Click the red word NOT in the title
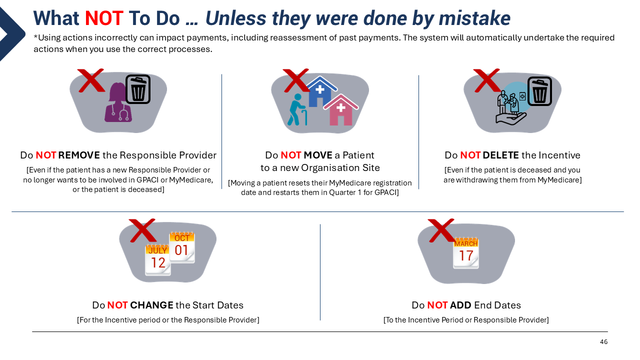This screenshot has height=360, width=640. click(x=104, y=18)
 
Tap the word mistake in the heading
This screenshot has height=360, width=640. click(x=474, y=18)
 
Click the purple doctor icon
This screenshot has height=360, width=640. click(x=118, y=102)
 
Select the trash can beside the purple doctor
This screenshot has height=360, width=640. click(x=138, y=89)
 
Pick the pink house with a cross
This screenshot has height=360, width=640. click(x=340, y=110)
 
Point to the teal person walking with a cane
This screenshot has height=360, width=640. click(x=297, y=109)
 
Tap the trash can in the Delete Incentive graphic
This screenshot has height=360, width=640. click(x=539, y=91)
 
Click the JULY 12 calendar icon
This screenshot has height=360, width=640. click(x=157, y=259)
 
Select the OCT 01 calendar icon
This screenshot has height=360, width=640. click(x=182, y=247)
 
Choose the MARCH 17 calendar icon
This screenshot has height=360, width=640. click(x=465, y=253)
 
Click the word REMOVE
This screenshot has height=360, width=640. click(x=79, y=155)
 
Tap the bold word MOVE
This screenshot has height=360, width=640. click(x=318, y=155)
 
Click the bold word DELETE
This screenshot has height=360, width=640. click(x=501, y=155)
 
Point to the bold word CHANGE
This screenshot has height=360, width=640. click(x=151, y=305)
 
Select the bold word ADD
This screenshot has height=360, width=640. click(x=460, y=305)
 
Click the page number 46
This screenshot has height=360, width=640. click(x=603, y=341)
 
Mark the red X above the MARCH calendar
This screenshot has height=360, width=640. click(x=441, y=230)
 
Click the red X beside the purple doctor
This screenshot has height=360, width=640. click(x=91, y=80)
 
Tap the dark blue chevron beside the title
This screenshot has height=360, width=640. click(x=13, y=33)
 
